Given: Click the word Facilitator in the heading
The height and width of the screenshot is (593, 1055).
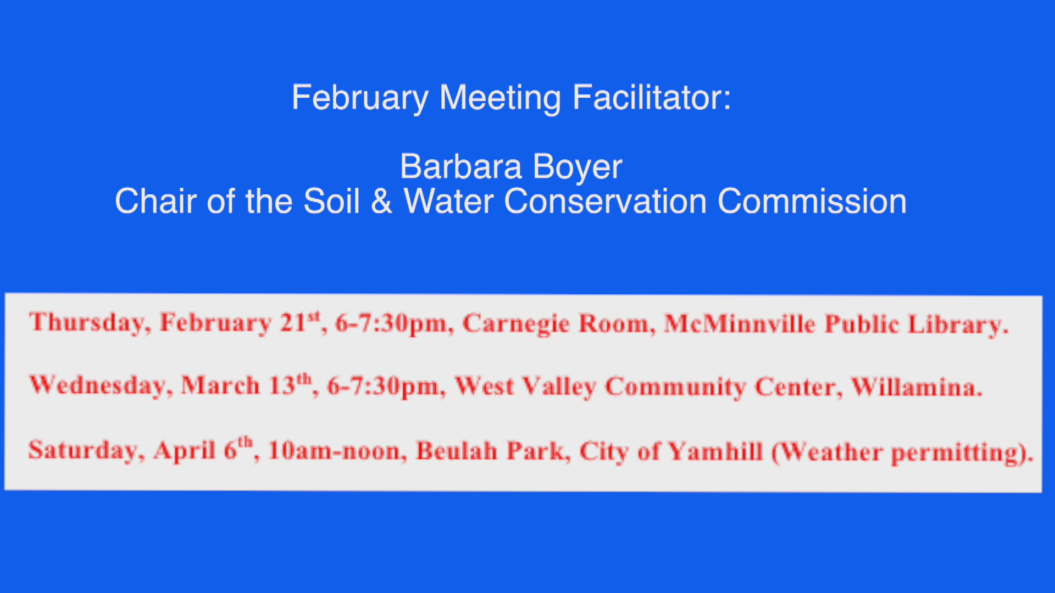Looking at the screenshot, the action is pos(651,98).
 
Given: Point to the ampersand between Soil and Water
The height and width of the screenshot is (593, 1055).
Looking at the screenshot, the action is pos(381,201).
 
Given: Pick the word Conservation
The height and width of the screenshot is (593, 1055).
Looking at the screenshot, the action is pos(605,201).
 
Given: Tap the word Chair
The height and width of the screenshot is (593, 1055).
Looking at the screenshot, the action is pos(156,201).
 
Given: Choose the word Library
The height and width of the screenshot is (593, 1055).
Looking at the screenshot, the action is pos(958,325).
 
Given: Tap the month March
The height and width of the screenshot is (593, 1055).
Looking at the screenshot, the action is pos(220,385).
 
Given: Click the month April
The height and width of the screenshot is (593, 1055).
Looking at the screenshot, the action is pos(185,451).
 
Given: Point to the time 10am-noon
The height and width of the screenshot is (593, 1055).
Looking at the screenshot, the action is pos(337,451).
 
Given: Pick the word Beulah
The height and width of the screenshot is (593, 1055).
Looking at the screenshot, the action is pos(457,451).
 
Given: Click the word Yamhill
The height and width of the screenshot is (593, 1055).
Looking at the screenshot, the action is pos(716,452).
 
